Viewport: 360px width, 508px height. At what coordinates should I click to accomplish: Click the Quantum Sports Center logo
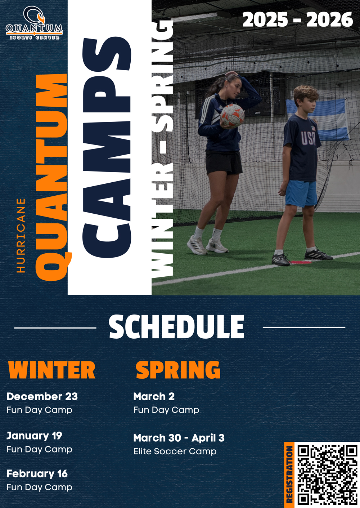34,23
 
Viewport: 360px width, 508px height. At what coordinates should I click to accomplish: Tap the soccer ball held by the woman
232,116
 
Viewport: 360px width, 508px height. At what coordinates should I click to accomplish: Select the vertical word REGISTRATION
289,476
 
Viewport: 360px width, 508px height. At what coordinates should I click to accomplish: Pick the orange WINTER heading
52,370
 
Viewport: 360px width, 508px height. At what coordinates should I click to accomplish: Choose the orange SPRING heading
178,370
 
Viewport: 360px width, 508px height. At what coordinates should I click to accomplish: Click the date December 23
42,396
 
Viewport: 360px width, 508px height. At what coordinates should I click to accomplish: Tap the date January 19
34,436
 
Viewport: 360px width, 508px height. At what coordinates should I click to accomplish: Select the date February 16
37,474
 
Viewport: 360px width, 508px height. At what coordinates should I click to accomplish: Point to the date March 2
154,396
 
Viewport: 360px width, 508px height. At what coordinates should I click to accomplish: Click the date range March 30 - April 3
179,438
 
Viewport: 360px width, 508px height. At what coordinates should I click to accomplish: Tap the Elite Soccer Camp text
175,451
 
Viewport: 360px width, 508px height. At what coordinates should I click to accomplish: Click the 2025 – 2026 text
298,19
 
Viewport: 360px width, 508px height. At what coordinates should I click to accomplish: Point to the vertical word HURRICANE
21,235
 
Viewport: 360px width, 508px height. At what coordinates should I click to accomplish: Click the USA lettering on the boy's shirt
309,138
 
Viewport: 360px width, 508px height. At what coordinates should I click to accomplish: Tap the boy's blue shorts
301,193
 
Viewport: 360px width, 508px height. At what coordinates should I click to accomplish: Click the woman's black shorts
224,162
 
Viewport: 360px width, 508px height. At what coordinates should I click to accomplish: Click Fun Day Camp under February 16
40,487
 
